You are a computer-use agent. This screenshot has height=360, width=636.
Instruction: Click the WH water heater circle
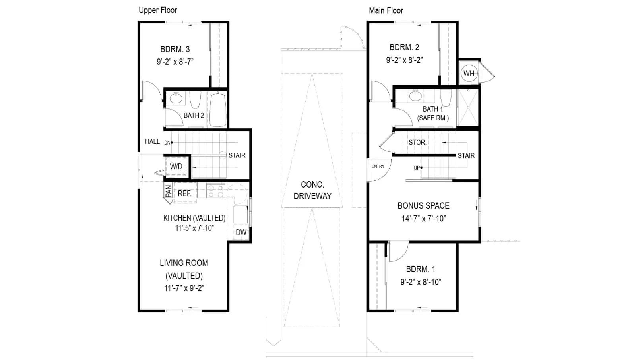tap(469, 74)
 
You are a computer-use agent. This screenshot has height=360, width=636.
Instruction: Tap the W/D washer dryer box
tap(176, 166)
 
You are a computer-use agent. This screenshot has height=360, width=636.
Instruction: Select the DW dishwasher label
tap(241, 232)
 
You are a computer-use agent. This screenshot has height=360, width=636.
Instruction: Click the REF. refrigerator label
tap(184, 194)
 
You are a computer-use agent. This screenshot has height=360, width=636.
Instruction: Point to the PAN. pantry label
tap(169, 190)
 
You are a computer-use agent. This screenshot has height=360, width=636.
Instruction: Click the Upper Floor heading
tap(158, 10)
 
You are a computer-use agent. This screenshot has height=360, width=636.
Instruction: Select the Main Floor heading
tap(386, 10)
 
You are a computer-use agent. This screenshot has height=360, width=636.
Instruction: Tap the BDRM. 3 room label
tap(175, 49)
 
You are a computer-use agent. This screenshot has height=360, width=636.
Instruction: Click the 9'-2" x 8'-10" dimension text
tap(421, 282)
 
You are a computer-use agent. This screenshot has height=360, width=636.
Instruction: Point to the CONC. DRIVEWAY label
tap(312, 190)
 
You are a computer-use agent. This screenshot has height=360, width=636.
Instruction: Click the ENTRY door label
tap(378, 166)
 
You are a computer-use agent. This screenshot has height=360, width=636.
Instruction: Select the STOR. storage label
tap(417, 142)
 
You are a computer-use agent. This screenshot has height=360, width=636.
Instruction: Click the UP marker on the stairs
tap(417, 168)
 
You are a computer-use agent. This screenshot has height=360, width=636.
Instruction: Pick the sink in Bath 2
tap(176, 98)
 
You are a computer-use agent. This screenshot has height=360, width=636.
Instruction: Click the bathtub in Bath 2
tap(218, 110)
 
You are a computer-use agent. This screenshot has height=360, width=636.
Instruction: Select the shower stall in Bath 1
tap(468, 107)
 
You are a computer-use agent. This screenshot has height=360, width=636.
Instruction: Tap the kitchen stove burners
tap(216, 191)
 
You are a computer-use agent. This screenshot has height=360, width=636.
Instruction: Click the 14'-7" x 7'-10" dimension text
tap(424, 219)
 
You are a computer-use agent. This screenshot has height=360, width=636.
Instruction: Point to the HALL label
tap(153, 141)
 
